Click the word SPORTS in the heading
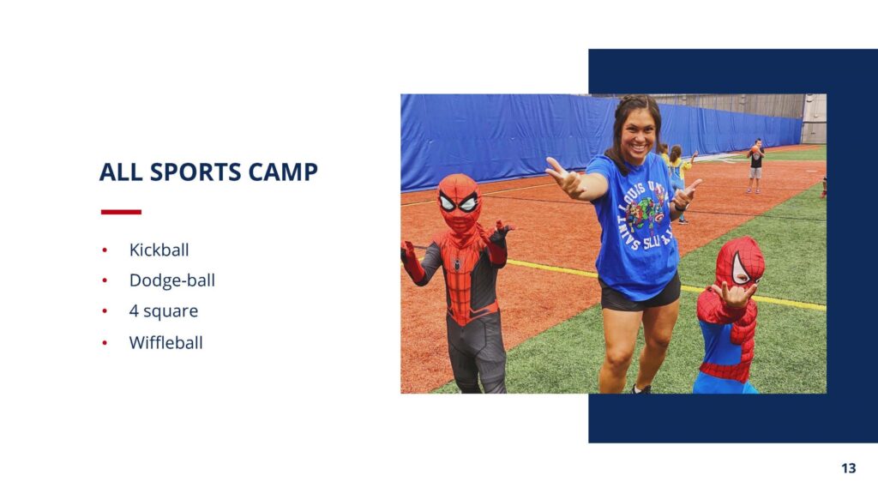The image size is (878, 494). tap(195, 172)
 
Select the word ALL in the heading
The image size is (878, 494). tap(121, 172)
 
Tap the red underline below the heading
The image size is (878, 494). tap(121, 212)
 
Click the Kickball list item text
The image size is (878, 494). tap(159, 250)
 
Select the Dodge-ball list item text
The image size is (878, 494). tap(171, 280)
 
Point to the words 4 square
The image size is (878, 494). tap(164, 310)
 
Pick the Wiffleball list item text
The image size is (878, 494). tap(165, 342)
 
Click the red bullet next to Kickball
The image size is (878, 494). tap(105, 250)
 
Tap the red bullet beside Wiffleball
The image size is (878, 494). tap(105, 342)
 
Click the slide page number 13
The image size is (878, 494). tap(848, 467)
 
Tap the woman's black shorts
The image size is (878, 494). tap(640, 294)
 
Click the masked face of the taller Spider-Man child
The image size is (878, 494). tap(460, 202)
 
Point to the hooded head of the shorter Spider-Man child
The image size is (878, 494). tap(740, 263)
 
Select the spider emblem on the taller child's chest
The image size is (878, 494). tap(457, 263)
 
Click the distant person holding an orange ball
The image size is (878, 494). tap(755, 166)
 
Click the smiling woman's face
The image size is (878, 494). tap(638, 136)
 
